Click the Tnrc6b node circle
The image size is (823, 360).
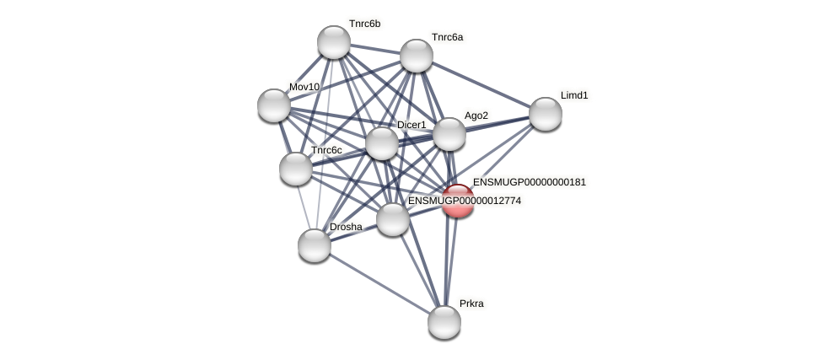(334, 42)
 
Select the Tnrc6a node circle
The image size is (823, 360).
(416, 56)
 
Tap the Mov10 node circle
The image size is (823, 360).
(274, 105)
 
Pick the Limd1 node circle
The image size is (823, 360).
(545, 114)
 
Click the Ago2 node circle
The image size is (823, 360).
(449, 134)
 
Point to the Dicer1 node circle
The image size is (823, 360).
(381, 143)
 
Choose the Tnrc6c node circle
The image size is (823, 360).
(296, 169)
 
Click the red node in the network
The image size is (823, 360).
(458, 201)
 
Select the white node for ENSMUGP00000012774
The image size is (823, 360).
(392, 219)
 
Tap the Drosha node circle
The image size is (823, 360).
(315, 245)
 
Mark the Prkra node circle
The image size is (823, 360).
(444, 321)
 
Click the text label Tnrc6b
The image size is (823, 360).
(364, 24)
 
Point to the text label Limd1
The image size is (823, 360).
(574, 95)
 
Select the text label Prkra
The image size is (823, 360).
(471, 304)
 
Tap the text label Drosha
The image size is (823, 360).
(346, 227)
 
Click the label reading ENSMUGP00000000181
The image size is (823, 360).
(529, 182)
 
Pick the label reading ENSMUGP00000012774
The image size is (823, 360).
(464, 201)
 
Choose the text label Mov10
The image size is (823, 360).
(304, 87)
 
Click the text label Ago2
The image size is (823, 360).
(476, 116)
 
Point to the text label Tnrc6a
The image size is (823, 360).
(447, 37)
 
